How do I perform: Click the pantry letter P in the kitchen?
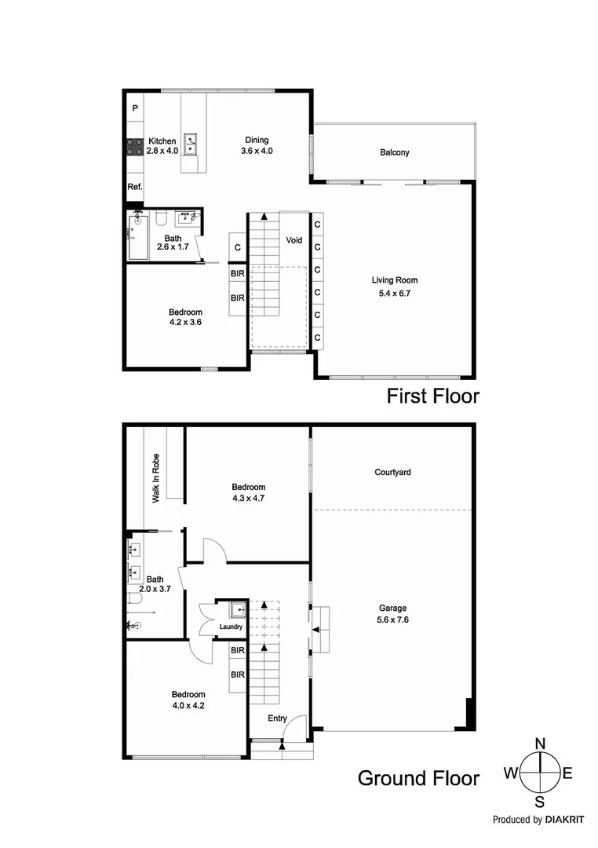coord(135,108)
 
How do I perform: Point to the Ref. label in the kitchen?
coord(135,187)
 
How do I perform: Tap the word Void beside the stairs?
coord(294,240)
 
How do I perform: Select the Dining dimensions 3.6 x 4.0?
coord(256,151)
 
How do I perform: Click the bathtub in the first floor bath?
coord(137,238)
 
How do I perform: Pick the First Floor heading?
coord(432,397)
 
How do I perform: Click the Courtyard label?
coord(392,473)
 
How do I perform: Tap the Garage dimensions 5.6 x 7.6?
coord(392,618)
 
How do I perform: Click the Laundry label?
coord(232,627)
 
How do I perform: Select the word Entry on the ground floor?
coord(277,718)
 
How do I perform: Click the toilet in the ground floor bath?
coord(137,599)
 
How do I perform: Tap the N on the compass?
coord(540,744)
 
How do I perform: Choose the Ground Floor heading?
coord(418,778)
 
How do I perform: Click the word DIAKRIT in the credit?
coord(559,820)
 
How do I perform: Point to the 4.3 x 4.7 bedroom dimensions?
coord(247,497)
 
